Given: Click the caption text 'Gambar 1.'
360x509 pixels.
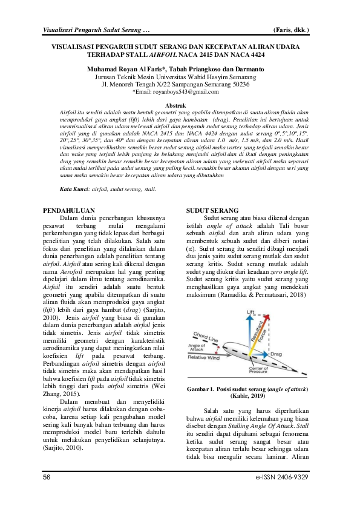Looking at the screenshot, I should point(204,390).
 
